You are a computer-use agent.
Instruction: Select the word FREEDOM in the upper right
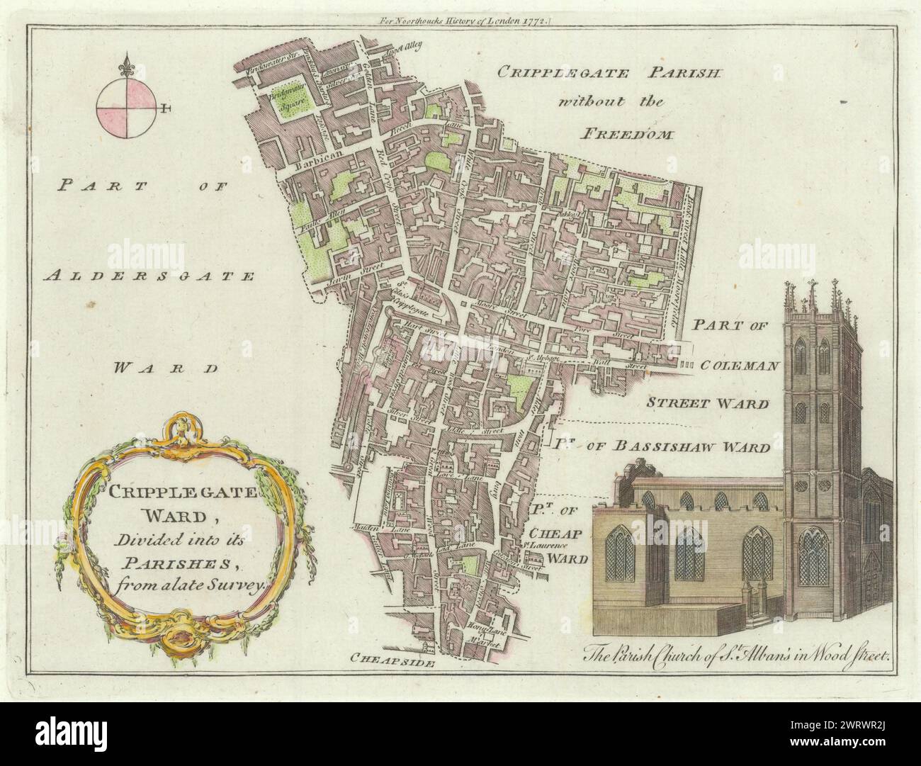tap(618, 132)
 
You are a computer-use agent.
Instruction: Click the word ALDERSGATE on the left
tap(148, 276)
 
